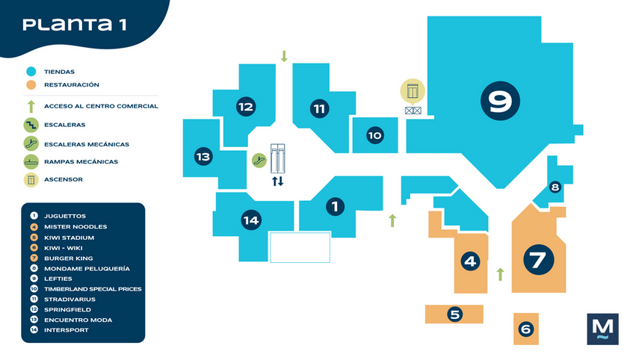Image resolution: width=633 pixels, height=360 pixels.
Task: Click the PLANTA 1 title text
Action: click(74, 25)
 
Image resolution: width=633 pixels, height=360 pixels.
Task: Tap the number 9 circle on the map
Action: click(500, 101)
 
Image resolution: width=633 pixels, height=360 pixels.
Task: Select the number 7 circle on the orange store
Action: click(539, 260)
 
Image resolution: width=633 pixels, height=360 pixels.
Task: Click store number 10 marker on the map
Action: click(375, 135)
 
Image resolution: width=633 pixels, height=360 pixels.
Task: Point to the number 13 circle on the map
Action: click(203, 156)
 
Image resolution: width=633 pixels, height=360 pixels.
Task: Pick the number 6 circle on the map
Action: click(525, 329)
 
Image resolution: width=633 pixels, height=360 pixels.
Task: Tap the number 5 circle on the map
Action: click(454, 314)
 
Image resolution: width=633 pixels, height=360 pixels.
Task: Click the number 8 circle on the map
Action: click(555, 187)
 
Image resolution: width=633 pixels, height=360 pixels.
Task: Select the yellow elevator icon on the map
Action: click(413, 91)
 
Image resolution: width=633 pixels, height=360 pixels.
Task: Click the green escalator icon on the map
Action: click(259, 161)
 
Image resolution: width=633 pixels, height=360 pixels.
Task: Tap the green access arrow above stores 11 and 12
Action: click(284, 56)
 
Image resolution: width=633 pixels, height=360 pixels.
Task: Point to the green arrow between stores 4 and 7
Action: click(500, 274)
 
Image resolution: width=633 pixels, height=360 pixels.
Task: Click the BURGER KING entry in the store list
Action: click(68, 258)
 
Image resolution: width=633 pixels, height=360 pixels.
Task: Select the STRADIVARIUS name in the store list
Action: click(70, 300)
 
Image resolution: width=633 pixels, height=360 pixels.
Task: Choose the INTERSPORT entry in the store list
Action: click(67, 330)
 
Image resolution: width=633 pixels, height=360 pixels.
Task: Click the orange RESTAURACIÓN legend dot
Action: click(31, 84)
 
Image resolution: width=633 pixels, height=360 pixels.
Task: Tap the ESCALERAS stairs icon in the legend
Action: click(31, 125)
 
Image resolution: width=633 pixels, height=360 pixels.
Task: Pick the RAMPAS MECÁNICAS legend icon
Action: click(31, 162)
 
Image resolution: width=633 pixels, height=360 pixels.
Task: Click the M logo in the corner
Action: click(602, 329)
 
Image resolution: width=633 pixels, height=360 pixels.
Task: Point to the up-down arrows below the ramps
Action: click(278, 181)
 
